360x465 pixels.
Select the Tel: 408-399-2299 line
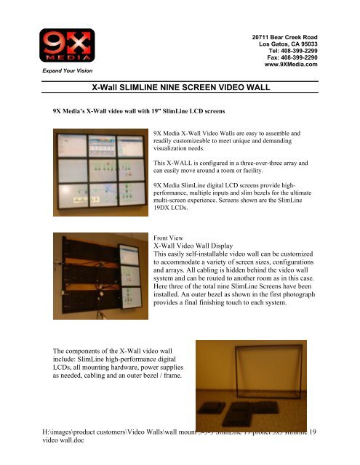(293, 50)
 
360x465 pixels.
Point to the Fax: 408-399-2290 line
(293, 57)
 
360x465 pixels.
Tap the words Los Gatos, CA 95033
(289, 43)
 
